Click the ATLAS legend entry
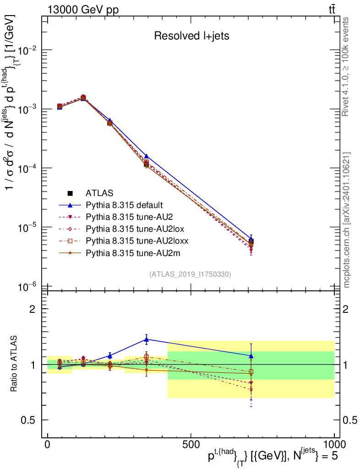tap(99, 193)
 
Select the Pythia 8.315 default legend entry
tap(124, 205)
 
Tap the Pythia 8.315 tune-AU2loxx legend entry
tap(131, 240)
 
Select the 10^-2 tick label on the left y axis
tap(27, 50)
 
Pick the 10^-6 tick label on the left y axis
tap(27, 287)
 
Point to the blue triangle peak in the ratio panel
tap(146, 339)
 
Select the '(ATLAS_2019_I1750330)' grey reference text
tap(190, 274)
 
